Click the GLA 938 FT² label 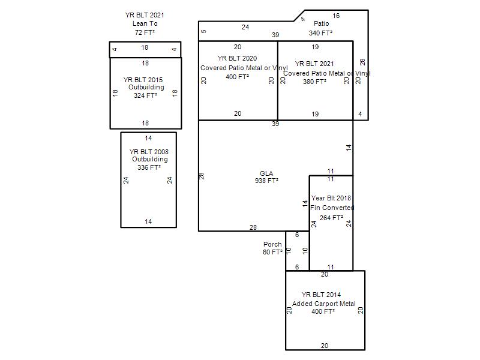coord(266,177)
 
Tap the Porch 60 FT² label coord(272,248)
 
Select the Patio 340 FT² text coord(321,28)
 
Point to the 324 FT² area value coord(145,95)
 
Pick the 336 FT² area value coord(149,167)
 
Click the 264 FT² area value coord(332,218)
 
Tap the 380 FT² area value coord(314,82)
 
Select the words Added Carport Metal coord(324,304)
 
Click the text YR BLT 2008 coord(149,152)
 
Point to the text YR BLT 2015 coord(143,80)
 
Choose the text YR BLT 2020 coord(237,58)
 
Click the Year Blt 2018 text coord(331,198)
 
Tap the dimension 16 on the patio coord(336,16)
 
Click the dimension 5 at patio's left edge coord(204,31)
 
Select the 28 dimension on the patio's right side coord(362,62)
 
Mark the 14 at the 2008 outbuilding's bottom coord(148,221)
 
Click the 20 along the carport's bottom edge coord(325,346)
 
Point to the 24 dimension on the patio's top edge coord(245,27)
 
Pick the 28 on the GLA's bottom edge coord(253,227)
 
